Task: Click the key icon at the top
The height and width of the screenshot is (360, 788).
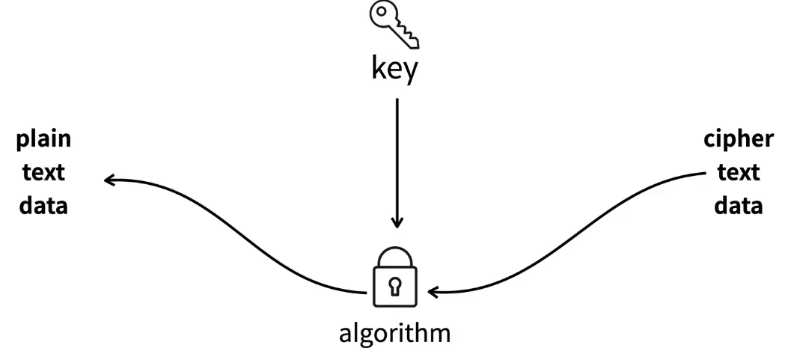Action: pyautogui.click(x=394, y=25)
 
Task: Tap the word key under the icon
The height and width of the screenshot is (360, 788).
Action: pyautogui.click(x=395, y=70)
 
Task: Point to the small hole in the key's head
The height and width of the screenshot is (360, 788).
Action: pyautogui.click(x=382, y=14)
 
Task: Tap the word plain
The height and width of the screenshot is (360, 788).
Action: pyautogui.click(x=43, y=139)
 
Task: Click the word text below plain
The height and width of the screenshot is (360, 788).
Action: pyautogui.click(x=43, y=172)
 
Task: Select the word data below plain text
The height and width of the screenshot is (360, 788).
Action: pyautogui.click(x=43, y=205)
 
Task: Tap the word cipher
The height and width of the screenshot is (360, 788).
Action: pyautogui.click(x=739, y=139)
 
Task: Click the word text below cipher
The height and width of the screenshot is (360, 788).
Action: pyautogui.click(x=739, y=172)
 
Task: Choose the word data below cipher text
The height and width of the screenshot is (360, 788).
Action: pyautogui.click(x=739, y=205)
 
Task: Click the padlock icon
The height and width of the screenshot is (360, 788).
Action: pyautogui.click(x=395, y=278)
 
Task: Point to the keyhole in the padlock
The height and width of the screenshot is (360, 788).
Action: pyautogui.click(x=395, y=285)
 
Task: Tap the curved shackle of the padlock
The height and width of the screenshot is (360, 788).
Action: pyautogui.click(x=395, y=254)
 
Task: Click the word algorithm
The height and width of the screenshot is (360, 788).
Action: pyautogui.click(x=395, y=332)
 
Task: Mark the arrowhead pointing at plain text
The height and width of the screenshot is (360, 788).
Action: pyautogui.click(x=109, y=180)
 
